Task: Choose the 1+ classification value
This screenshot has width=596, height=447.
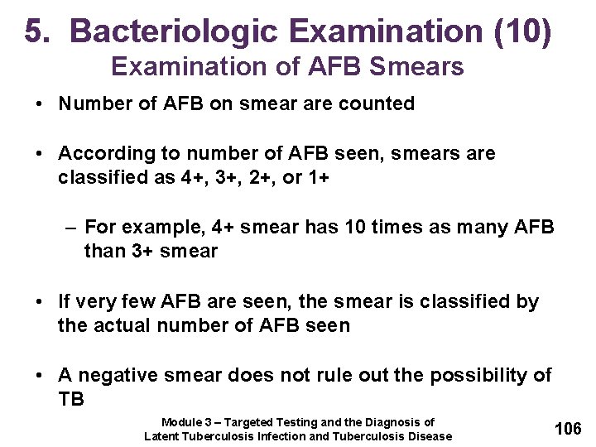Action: point(316,177)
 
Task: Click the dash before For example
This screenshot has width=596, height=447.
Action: point(72,227)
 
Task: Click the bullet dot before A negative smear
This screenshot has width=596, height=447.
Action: point(40,375)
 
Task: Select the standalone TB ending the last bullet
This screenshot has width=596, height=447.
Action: point(71,399)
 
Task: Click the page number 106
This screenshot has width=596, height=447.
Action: point(567,428)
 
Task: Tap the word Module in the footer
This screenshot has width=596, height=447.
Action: point(180,422)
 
